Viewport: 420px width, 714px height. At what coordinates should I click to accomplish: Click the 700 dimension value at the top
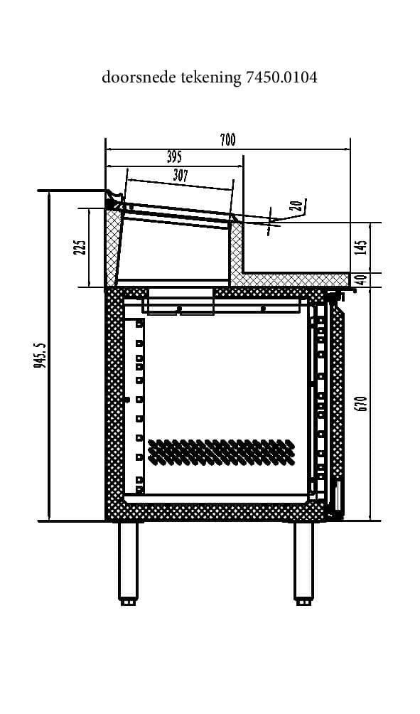pos(227,140)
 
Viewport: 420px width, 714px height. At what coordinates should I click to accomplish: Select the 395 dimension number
pos(174,156)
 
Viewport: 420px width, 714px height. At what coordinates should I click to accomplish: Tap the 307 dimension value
pos(181,176)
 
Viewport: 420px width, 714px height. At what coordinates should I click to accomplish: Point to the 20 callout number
pos(298,206)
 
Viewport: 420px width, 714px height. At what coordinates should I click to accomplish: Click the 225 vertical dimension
pos(80,247)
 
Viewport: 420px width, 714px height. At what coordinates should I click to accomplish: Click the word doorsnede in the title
pos(139,78)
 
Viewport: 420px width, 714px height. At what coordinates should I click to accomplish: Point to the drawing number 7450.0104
pos(281,78)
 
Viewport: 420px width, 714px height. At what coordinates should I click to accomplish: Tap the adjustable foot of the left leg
pos(128,602)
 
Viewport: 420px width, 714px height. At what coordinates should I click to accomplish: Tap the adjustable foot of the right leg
pos(303,602)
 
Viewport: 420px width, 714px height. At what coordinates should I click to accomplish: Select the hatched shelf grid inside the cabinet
pos(221,452)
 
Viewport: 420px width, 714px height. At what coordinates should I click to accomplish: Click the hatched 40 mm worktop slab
pos(291,280)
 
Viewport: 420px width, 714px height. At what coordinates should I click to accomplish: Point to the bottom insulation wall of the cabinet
pos(214,512)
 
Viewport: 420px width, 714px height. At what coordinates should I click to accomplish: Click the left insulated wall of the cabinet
pos(114,403)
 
